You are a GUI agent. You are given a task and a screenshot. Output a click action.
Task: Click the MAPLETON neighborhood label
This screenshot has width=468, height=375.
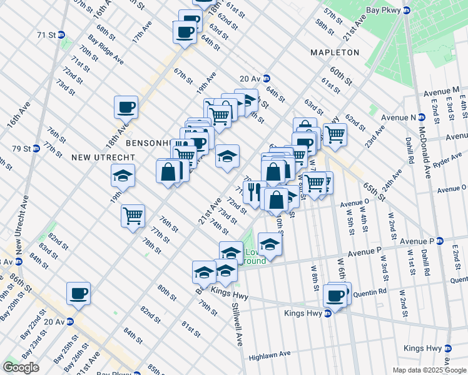335,52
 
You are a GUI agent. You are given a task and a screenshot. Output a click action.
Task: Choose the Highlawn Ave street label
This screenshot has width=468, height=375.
269,355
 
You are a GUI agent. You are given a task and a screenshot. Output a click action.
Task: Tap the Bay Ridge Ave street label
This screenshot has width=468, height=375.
105,50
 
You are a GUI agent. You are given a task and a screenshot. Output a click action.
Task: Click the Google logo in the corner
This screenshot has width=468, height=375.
21,367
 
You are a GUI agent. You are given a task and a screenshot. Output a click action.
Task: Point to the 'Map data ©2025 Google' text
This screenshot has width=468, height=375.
429,370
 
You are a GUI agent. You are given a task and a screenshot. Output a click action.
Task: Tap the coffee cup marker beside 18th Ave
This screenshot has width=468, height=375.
126,107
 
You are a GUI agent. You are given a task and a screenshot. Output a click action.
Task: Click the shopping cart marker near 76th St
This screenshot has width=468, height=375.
133,216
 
